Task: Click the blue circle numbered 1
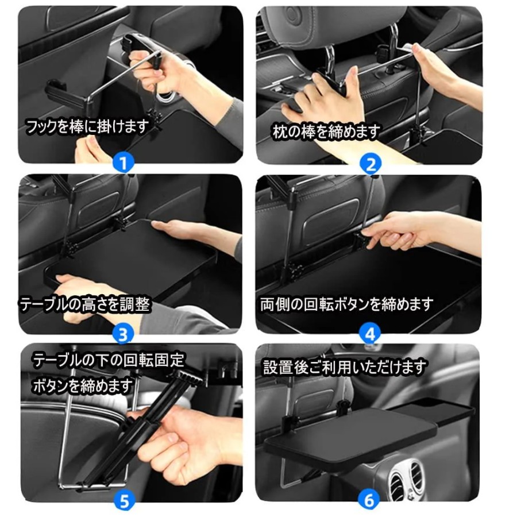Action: point(123,163)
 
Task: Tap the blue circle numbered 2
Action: point(371,164)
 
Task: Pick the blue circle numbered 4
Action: point(371,333)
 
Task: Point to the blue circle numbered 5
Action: point(125,501)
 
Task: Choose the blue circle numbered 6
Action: point(369,500)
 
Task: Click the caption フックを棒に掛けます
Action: point(88,126)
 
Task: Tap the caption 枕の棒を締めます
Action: point(326,132)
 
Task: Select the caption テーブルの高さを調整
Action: point(85,304)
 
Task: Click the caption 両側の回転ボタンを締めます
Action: point(346,304)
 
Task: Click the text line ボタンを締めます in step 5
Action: point(82,385)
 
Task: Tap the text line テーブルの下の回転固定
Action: point(109,360)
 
